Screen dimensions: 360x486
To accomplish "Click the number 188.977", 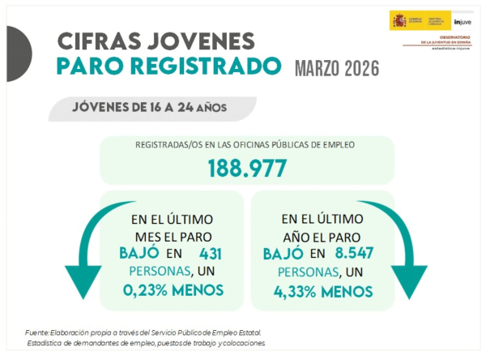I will (x=247, y=168).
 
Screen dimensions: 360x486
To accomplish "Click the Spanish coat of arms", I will (x=399, y=20).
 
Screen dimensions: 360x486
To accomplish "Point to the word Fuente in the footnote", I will (x=36, y=332).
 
